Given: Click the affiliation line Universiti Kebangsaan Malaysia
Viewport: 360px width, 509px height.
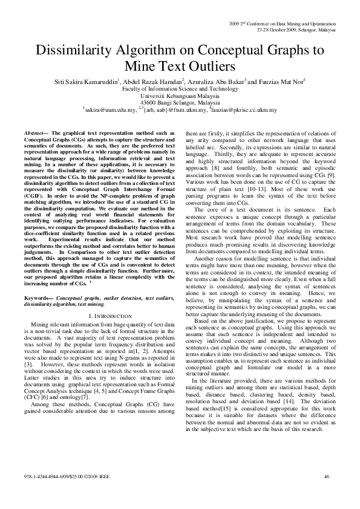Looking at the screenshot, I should point(180,96).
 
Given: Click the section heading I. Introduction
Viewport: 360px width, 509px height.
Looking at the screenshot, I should point(106,316).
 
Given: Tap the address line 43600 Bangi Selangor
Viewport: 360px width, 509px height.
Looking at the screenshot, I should point(180,103).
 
